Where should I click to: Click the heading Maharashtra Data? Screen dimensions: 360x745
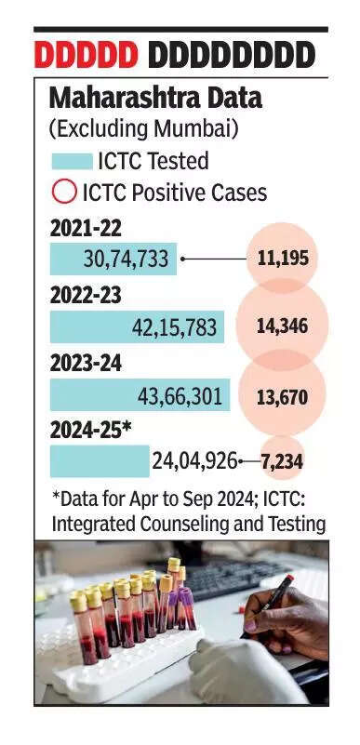(155, 99)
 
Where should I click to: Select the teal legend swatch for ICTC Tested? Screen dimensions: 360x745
(72, 161)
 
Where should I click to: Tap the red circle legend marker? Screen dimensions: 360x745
(63, 192)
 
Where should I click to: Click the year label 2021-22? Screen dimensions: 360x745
(86, 230)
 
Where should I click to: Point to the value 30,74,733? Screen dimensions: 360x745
(126, 259)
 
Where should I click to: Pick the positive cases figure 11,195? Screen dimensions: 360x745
(283, 259)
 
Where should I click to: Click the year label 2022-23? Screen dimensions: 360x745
(86, 296)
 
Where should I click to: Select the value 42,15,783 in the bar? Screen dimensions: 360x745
(174, 327)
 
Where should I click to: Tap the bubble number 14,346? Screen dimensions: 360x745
(282, 326)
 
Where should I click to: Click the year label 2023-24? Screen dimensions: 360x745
(86, 364)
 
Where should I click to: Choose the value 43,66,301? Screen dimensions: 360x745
(180, 396)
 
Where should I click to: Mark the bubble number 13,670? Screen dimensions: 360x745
(282, 396)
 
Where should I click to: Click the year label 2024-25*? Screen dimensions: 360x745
(91, 431)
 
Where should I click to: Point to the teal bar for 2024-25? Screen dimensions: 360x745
(100, 461)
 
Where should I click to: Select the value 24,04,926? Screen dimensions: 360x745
(194, 461)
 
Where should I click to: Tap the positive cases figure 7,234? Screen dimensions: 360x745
(282, 461)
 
